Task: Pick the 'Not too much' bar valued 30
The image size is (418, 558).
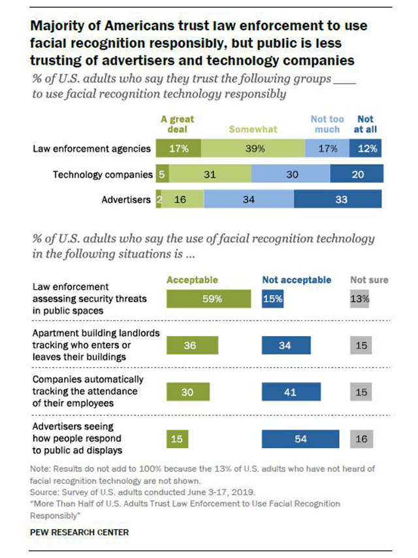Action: (x=291, y=174)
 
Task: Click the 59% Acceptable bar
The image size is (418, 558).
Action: (x=208, y=299)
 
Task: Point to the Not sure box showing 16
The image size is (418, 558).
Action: (x=361, y=438)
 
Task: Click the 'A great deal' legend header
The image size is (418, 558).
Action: (x=177, y=124)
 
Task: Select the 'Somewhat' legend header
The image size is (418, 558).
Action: (x=252, y=130)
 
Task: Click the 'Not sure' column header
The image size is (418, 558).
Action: (x=369, y=280)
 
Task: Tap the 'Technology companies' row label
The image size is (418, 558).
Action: (x=102, y=174)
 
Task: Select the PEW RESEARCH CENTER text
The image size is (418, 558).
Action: (x=79, y=532)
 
